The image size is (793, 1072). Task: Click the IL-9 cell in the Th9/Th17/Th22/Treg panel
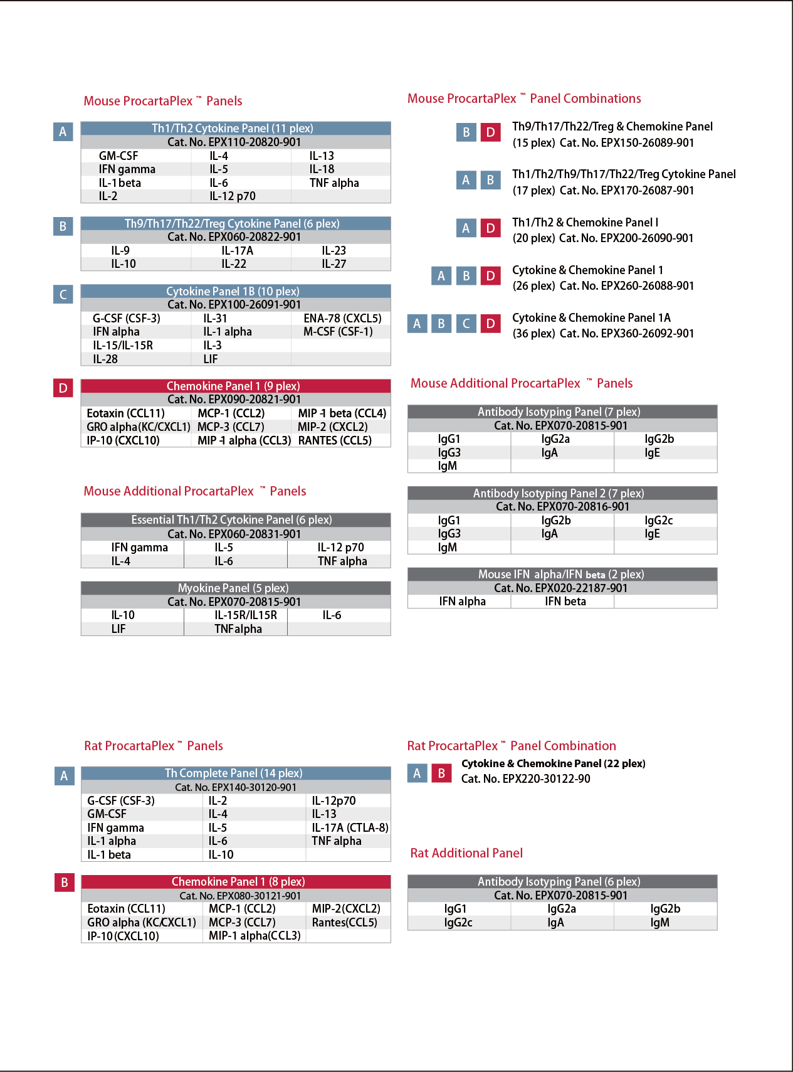120,250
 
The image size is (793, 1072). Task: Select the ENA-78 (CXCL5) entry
342,318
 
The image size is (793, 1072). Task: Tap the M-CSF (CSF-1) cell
338,331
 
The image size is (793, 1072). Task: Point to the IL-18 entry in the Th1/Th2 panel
322,169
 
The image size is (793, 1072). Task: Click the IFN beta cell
565,602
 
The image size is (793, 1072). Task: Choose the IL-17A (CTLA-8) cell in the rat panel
350,827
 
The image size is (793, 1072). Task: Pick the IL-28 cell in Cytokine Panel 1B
105,359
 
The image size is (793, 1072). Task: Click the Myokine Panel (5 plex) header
233,588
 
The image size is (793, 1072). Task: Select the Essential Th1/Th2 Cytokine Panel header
231,520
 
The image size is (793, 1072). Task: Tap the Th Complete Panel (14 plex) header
233,773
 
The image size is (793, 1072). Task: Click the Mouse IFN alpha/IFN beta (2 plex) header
561,574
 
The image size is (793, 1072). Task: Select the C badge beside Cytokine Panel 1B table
63,294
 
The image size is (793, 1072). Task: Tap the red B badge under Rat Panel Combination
441,773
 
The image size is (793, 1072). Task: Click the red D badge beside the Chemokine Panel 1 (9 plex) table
63,388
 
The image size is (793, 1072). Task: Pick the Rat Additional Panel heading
466,853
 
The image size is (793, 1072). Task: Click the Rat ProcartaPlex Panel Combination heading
512,746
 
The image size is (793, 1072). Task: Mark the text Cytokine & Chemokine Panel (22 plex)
553,763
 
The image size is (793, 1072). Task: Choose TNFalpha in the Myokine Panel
238,629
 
